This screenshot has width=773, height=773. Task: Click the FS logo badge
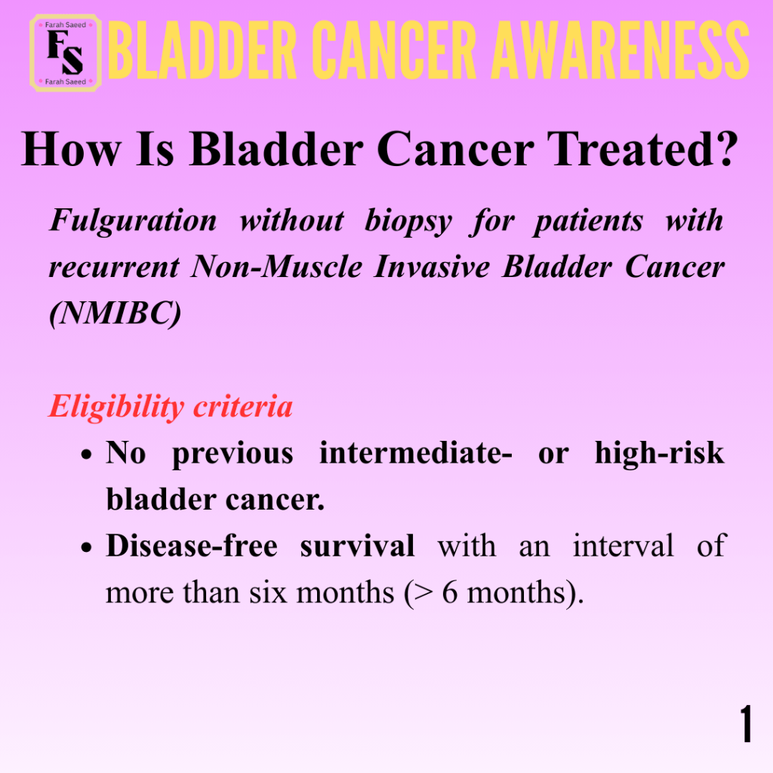click(x=66, y=53)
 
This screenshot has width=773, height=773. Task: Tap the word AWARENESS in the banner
click(x=621, y=51)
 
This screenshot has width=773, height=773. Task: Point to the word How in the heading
click(x=71, y=149)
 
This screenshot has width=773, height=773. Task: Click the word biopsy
click(x=408, y=221)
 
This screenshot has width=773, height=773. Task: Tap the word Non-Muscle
click(x=276, y=266)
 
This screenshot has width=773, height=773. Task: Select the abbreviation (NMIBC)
click(x=115, y=313)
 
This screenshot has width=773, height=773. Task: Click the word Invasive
click(x=432, y=266)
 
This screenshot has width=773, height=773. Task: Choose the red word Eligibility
click(x=116, y=407)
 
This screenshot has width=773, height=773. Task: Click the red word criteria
click(x=243, y=406)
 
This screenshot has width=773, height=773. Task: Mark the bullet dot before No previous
click(x=87, y=454)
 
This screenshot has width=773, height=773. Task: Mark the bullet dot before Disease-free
click(x=87, y=547)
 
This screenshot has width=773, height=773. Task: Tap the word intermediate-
click(x=416, y=453)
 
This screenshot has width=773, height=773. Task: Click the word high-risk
click(x=660, y=453)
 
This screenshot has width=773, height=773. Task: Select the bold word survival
click(x=357, y=546)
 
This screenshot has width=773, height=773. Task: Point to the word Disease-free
click(x=192, y=546)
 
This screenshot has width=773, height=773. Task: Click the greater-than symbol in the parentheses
click(x=423, y=593)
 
